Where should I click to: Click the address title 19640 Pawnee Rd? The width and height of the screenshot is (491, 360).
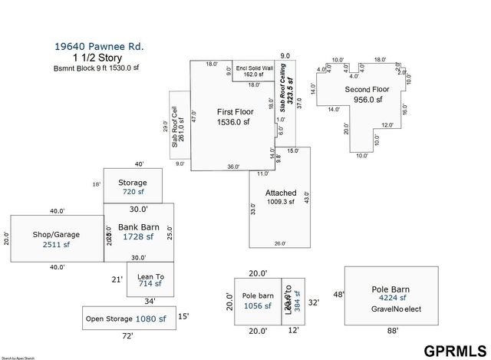(x=98, y=46)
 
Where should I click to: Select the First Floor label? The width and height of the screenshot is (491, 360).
(x=235, y=111)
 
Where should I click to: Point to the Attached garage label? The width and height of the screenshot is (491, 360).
(x=281, y=193)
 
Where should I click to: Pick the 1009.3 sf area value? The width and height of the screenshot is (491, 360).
(x=281, y=202)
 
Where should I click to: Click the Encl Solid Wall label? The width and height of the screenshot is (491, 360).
(x=255, y=68)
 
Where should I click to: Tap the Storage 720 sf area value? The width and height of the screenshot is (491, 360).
(x=133, y=192)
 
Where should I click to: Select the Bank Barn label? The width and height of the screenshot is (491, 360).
(x=138, y=227)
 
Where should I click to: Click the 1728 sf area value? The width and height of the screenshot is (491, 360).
(x=138, y=237)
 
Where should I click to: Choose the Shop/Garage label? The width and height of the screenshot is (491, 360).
(x=56, y=234)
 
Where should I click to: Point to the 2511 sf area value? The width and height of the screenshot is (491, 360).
(x=56, y=245)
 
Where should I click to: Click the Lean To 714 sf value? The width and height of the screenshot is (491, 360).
(x=150, y=283)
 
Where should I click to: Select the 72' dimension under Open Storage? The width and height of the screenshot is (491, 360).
(x=127, y=335)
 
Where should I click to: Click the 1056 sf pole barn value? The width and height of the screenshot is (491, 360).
(x=257, y=306)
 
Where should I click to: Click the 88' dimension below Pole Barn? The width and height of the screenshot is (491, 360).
(x=394, y=331)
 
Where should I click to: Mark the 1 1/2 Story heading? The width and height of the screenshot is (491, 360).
(x=97, y=58)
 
